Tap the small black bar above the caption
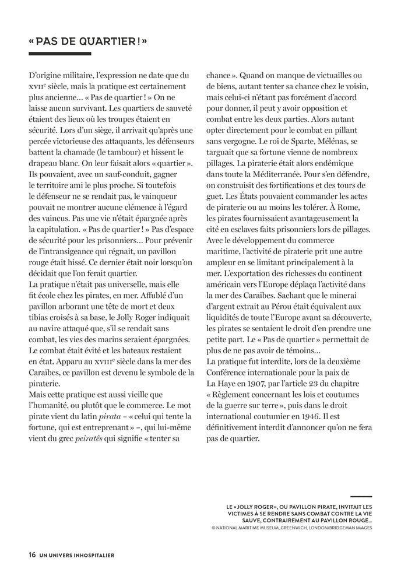coord(361,497)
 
